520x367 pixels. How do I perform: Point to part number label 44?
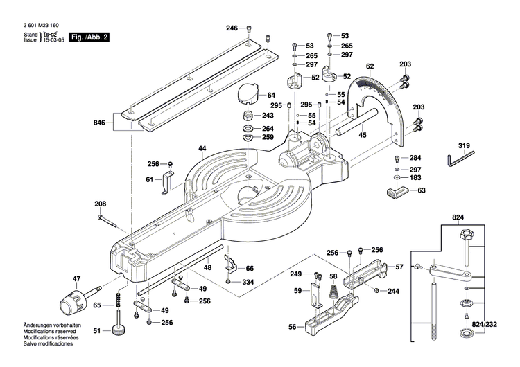click(202, 149)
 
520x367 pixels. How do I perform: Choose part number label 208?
click(101, 204)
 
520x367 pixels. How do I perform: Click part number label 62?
click(370, 66)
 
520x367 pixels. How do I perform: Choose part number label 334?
click(248, 282)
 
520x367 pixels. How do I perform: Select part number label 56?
click(293, 327)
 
